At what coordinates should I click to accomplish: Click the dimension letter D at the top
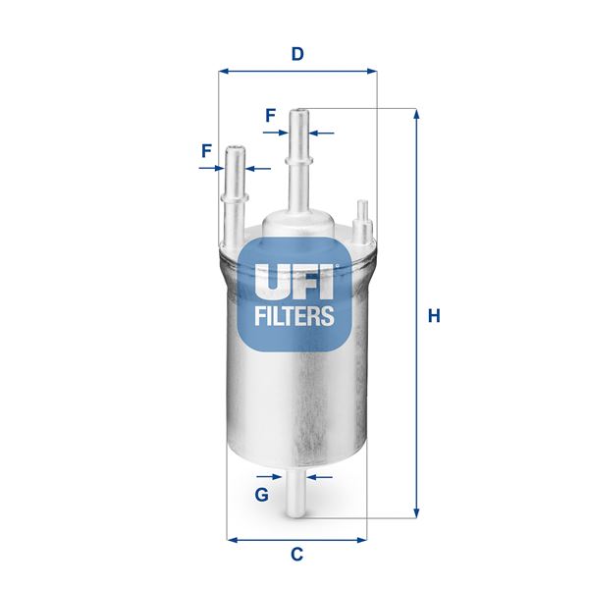coord(296,55)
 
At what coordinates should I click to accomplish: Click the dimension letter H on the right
coord(434,316)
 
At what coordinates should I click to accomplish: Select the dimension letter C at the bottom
coord(296,555)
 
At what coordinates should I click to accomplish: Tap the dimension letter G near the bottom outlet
coord(261,494)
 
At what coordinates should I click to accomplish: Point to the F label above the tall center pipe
coord(270,115)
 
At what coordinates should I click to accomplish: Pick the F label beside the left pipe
coord(206,151)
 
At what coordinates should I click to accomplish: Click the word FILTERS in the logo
coord(294,317)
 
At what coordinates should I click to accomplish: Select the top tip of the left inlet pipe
coord(235,149)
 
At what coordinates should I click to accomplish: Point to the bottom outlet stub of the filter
coord(296,501)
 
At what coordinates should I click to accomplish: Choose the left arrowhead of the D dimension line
coord(223,71)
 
